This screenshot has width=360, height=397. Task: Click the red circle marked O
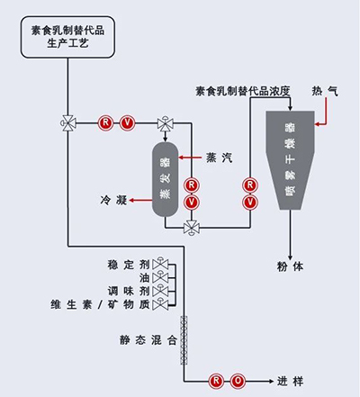tap(237, 380)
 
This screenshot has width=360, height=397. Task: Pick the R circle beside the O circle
tap(217, 380)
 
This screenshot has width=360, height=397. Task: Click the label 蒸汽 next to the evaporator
tap(218, 155)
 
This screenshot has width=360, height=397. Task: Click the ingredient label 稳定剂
tap(126, 265)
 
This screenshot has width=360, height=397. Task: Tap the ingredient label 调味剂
tap(126, 293)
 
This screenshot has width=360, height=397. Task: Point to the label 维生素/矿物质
tap(100, 306)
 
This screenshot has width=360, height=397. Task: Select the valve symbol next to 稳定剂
tap(159, 265)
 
